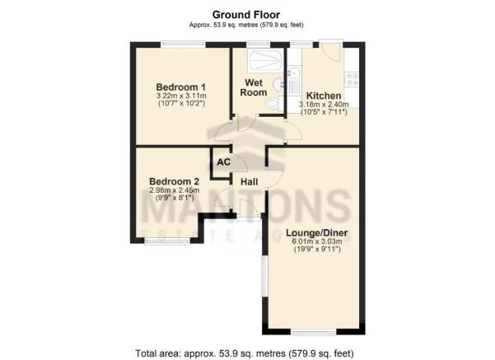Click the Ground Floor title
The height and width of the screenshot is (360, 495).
tap(246, 15)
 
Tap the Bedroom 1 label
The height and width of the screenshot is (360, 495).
tap(181, 86)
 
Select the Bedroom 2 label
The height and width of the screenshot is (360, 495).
tap(174, 181)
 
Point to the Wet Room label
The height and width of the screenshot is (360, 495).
tap(254, 87)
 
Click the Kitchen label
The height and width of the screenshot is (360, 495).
tap(324, 96)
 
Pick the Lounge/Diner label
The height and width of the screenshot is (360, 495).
tap(316, 233)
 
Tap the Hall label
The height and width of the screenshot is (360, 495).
tap(249, 182)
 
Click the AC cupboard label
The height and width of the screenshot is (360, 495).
tap(224, 162)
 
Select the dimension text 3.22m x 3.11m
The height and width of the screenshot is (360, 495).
tap(181, 96)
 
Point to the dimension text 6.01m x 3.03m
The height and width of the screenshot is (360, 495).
tap(317, 241)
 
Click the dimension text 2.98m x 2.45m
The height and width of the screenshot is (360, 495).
tap(175, 190)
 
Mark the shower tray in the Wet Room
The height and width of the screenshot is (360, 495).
tap(265, 60)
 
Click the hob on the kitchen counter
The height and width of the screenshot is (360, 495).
tap(352, 79)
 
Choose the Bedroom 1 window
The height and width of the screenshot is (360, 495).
tap(184, 44)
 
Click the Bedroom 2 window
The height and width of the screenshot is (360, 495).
tap(168, 241)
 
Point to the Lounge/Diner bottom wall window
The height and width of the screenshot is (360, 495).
tap(314, 332)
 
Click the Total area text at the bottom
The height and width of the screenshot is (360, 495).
tap(245, 353)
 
